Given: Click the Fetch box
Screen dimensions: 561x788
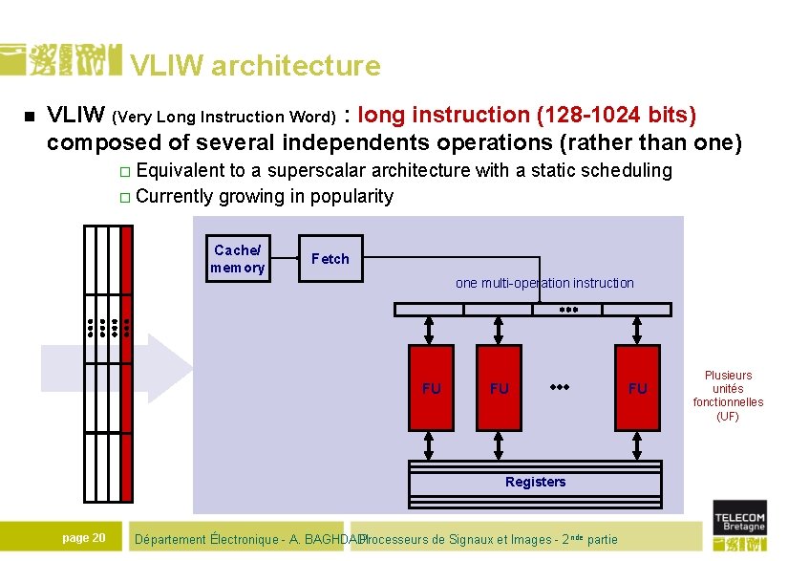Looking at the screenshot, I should tap(330, 258).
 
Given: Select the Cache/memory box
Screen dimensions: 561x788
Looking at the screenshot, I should tap(238, 259).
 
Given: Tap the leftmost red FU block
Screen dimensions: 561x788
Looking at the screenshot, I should tap(432, 388).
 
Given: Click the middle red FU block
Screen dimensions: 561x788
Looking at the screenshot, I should tap(500, 388).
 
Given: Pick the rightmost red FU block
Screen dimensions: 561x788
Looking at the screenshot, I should tap(637, 388).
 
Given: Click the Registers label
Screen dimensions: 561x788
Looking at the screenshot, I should tap(535, 482).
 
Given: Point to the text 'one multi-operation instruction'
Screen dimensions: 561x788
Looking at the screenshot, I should tap(544, 283).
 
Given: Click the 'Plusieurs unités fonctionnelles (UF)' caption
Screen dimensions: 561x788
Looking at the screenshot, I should tap(728, 396).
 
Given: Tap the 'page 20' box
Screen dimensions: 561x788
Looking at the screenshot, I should tap(84, 538).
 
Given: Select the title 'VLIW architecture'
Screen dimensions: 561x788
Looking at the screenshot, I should tap(255, 66).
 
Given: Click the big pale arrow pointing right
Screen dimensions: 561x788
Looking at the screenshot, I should tap(153, 368).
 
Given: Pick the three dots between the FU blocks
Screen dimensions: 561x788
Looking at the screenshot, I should tap(561, 388).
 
